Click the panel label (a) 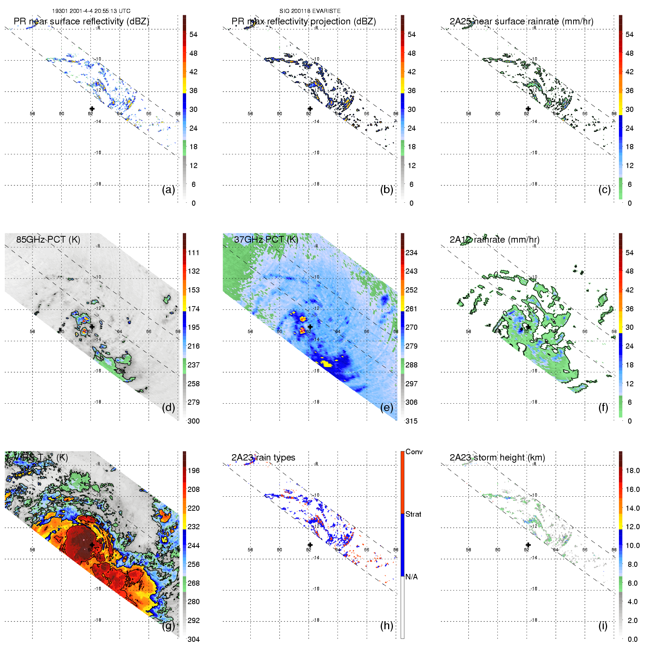(168, 190)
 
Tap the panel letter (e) (386, 408)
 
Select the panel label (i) (603, 626)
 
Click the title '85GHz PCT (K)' (48, 240)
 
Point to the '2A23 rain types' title (263, 458)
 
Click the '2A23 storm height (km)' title (497, 458)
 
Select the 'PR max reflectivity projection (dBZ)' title (304, 21)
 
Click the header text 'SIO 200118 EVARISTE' (310, 11)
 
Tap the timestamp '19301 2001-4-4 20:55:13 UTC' (91, 11)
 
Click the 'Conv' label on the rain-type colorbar (414, 452)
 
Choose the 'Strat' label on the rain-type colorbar (413, 514)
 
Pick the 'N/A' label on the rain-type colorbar (411, 577)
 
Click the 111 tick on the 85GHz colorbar (194, 253)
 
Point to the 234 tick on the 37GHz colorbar (411, 253)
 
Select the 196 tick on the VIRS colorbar (194, 470)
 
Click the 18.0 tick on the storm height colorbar (632, 470)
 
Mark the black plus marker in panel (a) (92, 109)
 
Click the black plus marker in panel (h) (310, 545)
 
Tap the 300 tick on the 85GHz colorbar (194, 421)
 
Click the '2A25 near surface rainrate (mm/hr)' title (521, 21)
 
